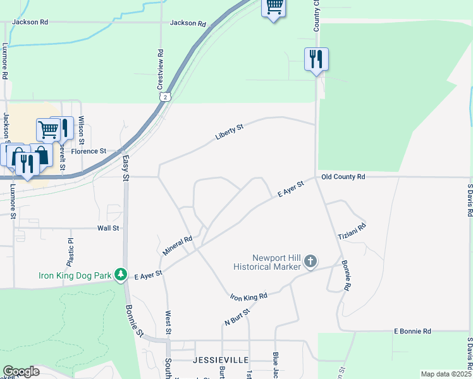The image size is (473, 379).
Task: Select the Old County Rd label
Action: (343, 177)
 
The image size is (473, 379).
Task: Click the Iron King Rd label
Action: (249, 296)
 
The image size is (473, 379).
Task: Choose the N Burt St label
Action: (238, 316)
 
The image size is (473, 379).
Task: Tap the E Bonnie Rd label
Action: (412, 331)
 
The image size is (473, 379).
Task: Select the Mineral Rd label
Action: (177, 246)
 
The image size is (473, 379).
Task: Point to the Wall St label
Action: (108, 228)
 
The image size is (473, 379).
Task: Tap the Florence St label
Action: (89, 152)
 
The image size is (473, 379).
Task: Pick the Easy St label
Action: (125, 169)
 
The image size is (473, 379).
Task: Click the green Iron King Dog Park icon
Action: (119, 275)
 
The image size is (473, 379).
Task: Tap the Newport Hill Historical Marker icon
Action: (310, 261)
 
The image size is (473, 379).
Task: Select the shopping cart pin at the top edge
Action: (273, 8)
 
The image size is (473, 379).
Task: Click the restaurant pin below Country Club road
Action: (316, 59)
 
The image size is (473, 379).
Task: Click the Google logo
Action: (21, 371)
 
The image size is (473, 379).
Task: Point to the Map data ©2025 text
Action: (445, 374)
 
